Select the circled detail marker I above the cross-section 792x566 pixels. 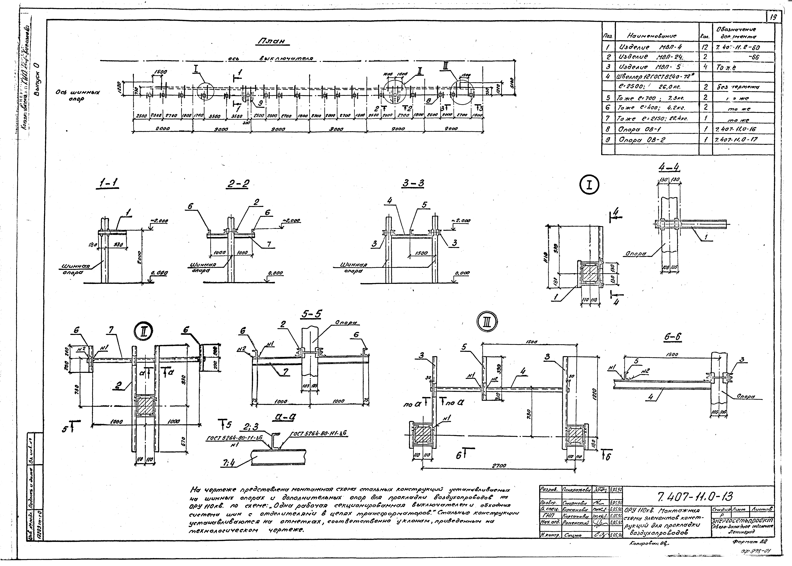tap(589, 185)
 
